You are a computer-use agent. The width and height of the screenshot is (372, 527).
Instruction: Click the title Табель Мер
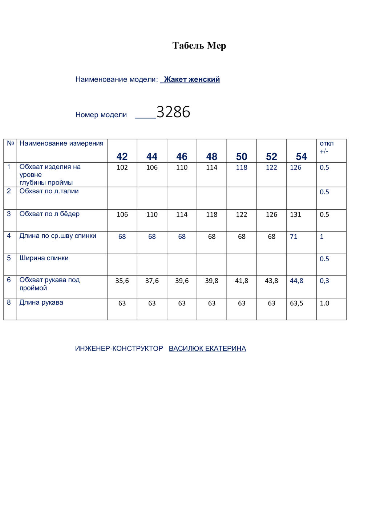pos(199,46)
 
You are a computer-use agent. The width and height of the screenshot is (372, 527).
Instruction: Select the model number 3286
pos(173,112)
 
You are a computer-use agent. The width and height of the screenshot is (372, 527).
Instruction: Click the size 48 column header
pos(211,156)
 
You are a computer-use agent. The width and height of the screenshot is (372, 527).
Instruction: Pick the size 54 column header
pos(301,156)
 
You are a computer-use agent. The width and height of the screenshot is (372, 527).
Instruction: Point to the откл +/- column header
pos(326,147)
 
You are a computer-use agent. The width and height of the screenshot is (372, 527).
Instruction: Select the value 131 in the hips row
pos(295,214)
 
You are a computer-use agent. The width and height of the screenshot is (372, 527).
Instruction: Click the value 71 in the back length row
pos(294,237)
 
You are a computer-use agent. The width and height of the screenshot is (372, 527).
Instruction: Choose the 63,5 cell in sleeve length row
pos(296,303)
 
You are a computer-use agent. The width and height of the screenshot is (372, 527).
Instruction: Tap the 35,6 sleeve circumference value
pos(122,281)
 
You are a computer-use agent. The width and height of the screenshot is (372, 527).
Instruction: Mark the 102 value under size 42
pos(122,167)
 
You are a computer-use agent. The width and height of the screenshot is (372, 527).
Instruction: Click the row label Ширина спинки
pos(44,258)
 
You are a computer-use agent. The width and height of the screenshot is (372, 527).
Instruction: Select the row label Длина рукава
pos(41,302)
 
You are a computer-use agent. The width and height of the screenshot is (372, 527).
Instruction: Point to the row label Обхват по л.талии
pos(49,191)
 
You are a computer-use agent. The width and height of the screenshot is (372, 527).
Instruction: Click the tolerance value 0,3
pos(324,281)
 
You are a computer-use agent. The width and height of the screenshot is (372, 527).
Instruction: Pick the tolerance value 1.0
pos(324,303)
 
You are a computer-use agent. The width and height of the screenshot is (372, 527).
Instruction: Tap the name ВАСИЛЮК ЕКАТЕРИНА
pos(207,348)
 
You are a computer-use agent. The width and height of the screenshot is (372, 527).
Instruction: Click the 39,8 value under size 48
pos(211,281)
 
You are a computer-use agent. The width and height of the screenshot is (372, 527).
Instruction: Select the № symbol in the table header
pos(10,143)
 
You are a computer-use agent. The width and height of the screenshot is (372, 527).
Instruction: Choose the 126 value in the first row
pos(295,167)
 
